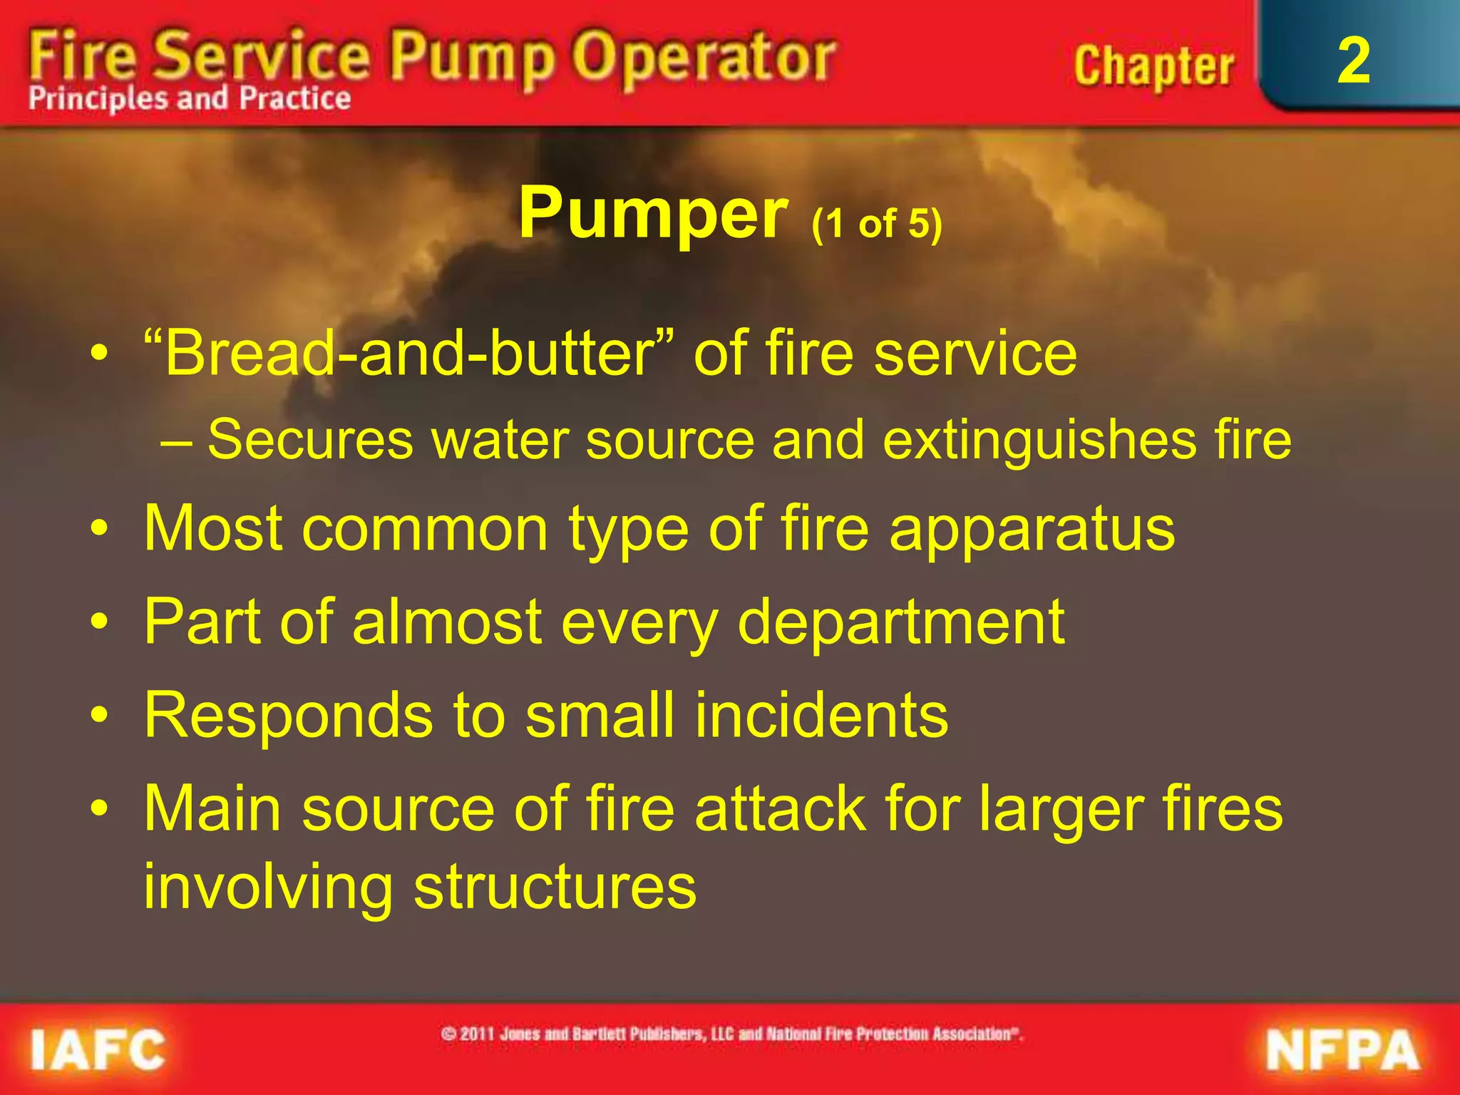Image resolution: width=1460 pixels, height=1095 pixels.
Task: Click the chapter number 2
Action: (x=1353, y=61)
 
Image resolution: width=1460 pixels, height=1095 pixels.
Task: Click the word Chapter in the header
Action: (x=1153, y=66)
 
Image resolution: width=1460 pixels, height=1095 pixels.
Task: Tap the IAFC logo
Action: (x=98, y=1050)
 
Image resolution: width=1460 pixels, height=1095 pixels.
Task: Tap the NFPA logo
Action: (x=1342, y=1051)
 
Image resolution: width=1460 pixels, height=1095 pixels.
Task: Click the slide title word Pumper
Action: (x=652, y=212)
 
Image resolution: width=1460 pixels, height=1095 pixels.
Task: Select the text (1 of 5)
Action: (x=877, y=224)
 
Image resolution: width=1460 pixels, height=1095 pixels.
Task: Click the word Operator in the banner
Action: (x=704, y=58)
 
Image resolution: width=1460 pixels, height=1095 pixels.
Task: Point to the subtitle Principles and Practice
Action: (x=190, y=98)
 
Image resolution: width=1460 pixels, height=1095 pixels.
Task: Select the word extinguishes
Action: (x=1040, y=439)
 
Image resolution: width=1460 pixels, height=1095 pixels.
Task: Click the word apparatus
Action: (x=1032, y=529)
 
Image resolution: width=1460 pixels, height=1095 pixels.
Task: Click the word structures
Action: (x=555, y=887)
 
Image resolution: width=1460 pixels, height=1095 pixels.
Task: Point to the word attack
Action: (x=780, y=808)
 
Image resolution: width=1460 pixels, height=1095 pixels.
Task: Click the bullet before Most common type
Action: (x=100, y=530)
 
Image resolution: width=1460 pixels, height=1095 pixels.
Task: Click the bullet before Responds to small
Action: (x=100, y=715)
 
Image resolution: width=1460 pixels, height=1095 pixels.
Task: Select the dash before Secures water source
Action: (x=175, y=441)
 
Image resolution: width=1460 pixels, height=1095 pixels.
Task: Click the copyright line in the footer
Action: (x=731, y=1034)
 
